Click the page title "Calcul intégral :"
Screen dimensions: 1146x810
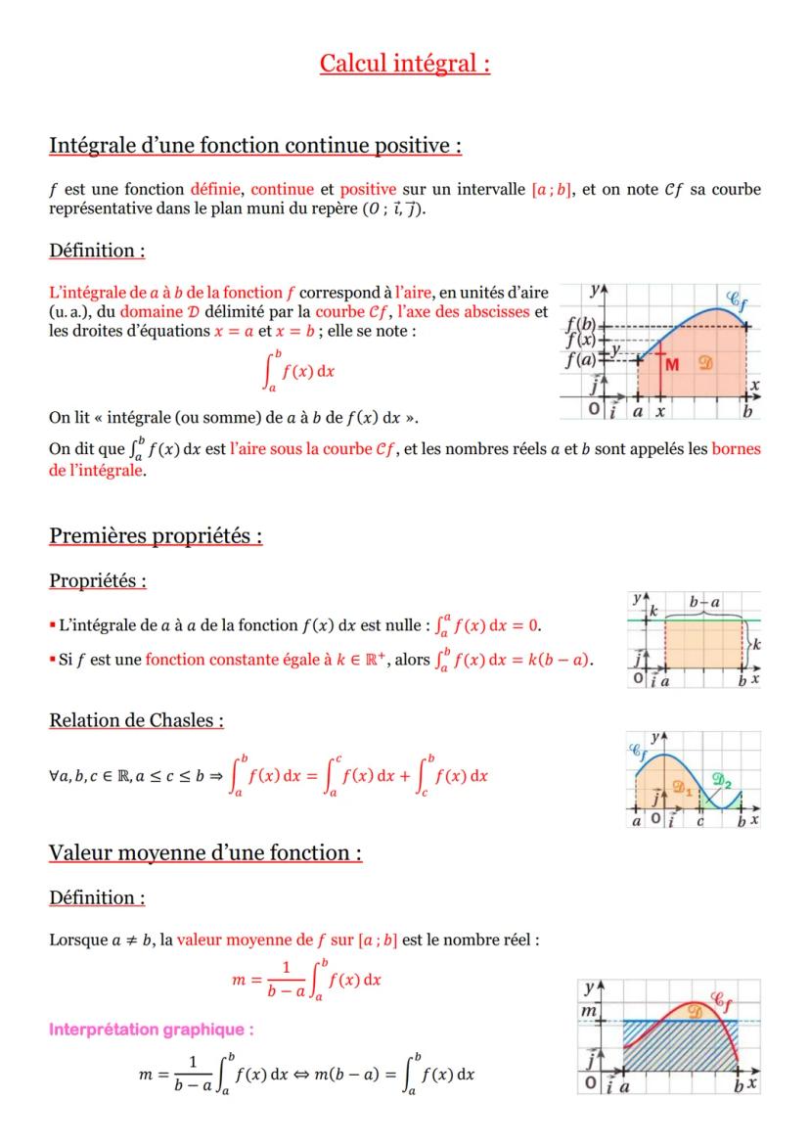pyautogui.click(x=405, y=64)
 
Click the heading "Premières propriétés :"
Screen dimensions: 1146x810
pyautogui.click(x=156, y=536)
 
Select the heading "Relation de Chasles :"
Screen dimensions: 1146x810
pyautogui.click(x=136, y=720)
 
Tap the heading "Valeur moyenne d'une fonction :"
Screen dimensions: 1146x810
pyautogui.click(x=205, y=852)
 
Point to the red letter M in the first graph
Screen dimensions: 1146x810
pyautogui.click(x=673, y=364)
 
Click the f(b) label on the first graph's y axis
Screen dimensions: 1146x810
pyautogui.click(x=582, y=324)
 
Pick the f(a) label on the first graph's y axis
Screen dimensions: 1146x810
pyautogui.click(x=582, y=358)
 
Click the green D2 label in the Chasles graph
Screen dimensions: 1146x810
pyautogui.click(x=723, y=779)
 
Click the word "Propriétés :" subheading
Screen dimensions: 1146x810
pyautogui.click(x=98, y=580)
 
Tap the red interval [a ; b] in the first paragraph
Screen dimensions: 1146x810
pyautogui.click(x=551, y=189)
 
